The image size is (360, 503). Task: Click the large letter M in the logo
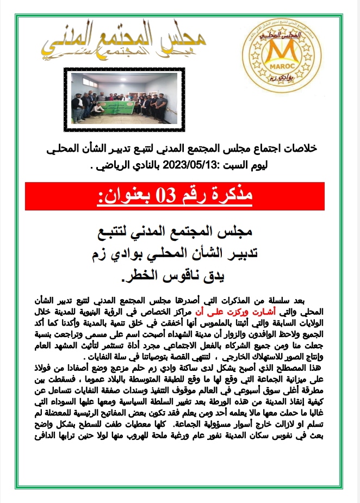pyautogui.click(x=281, y=55)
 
